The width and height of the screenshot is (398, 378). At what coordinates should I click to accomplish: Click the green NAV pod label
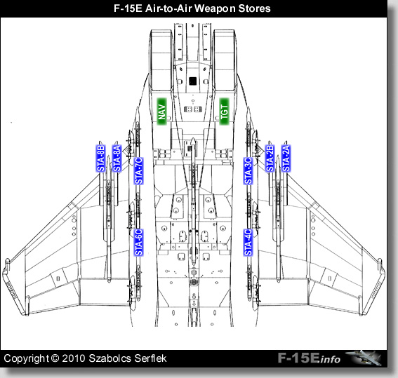[x=161, y=112]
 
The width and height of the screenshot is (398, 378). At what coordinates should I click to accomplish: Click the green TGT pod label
[x=225, y=112]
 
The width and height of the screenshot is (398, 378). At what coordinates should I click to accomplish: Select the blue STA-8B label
[x=101, y=158]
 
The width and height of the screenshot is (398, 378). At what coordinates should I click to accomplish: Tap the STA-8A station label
[x=117, y=158]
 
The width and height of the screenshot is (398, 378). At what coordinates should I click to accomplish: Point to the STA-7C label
[x=138, y=171]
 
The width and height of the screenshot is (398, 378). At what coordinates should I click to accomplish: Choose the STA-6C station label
[x=138, y=243]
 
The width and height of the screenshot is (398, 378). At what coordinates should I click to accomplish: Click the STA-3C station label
[x=248, y=171]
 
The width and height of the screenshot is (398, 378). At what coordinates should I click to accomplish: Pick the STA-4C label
[x=248, y=243]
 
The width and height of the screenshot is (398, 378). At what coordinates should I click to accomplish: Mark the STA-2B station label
[x=270, y=158]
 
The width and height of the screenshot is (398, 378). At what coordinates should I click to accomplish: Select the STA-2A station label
[x=286, y=158]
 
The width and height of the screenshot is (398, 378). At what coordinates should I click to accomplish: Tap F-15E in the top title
[x=128, y=8]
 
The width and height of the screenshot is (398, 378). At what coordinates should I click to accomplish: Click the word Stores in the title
[x=254, y=8]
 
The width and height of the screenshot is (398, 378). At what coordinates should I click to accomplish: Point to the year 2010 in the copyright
[x=74, y=358]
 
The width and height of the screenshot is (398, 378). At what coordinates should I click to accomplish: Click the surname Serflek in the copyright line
[x=150, y=358]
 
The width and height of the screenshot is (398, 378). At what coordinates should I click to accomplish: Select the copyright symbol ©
[x=55, y=358]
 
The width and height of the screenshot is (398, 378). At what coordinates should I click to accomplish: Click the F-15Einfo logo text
[x=309, y=358]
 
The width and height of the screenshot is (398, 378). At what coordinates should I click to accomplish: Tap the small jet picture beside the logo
[x=364, y=358]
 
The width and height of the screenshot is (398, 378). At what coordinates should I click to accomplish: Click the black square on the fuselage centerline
[x=193, y=81]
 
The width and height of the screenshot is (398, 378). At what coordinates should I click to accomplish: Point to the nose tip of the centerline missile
[x=193, y=138]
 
